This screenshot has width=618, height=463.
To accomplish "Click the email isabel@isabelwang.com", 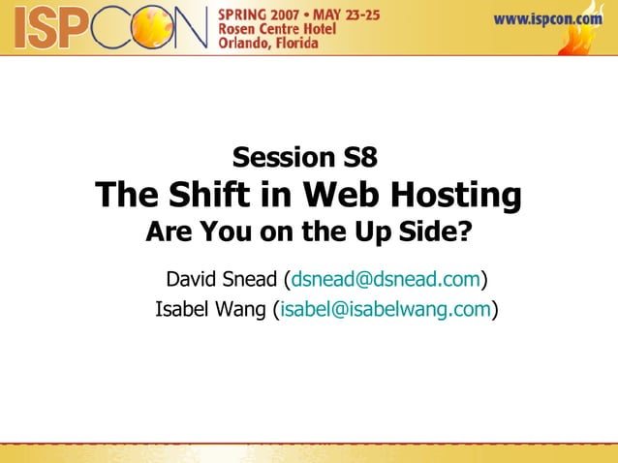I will point(386,310).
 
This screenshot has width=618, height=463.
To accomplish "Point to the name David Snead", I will point(221,281).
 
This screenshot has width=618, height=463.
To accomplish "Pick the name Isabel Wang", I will point(211,310).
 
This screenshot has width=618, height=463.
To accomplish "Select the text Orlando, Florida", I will point(274,48).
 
